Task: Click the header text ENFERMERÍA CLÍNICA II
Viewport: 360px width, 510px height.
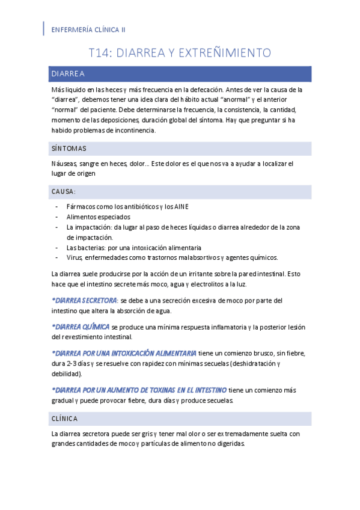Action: (89, 29)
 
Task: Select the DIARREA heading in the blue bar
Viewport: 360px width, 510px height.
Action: (68, 74)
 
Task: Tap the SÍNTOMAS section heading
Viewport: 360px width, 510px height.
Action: (69, 148)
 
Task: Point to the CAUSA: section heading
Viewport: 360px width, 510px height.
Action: (63, 192)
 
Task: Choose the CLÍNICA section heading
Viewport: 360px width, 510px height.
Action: (64, 418)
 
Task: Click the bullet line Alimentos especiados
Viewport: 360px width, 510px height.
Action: (99, 217)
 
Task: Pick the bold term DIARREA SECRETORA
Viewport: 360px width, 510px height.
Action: (85, 300)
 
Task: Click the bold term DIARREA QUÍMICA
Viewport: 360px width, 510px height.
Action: (81, 327)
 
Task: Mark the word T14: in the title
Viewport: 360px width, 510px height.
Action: (100, 53)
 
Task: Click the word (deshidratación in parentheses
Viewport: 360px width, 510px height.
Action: (250, 364)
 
